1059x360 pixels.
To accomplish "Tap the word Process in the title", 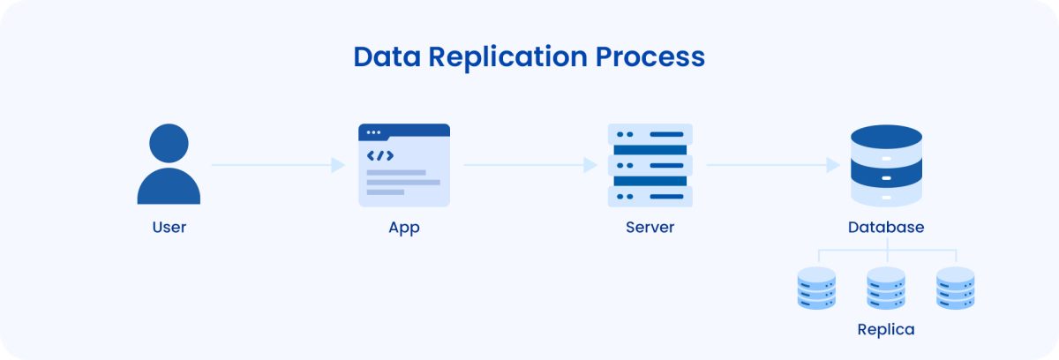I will click(650, 56).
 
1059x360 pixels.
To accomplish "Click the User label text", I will click(169, 227).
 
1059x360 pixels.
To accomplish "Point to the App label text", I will click(404, 227).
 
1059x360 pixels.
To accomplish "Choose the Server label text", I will click(650, 227).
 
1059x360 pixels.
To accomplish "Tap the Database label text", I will click(886, 227).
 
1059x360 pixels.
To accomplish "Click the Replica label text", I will click(886, 330).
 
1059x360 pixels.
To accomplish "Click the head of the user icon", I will click(169, 142).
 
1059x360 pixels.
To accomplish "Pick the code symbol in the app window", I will click(380, 156).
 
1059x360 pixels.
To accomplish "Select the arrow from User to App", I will click(278, 165).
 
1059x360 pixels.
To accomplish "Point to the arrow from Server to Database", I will click(773, 165).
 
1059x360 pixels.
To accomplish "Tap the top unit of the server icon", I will click(650, 134).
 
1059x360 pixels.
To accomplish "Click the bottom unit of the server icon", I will click(650, 196).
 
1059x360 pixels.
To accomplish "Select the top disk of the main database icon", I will click(886, 139).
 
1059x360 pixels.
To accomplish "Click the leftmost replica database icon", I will click(816, 288).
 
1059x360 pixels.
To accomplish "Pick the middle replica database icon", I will click(886, 288).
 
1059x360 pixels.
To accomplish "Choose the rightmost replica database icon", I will click(956, 288).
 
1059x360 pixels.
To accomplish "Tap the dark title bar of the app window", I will click(404, 131).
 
